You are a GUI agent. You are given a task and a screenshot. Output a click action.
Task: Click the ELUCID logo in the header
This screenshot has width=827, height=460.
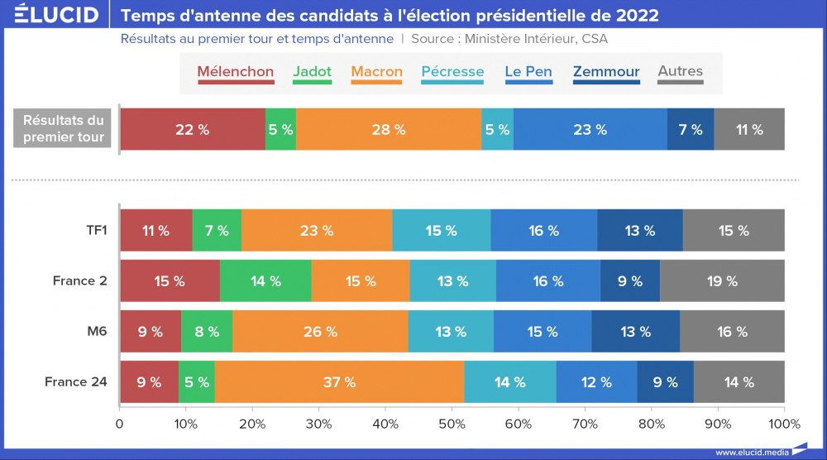coord(56,15)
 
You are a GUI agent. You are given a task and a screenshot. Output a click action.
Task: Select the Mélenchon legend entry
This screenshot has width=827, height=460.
coord(236,72)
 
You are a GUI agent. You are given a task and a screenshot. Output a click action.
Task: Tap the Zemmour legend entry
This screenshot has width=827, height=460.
coord(606,72)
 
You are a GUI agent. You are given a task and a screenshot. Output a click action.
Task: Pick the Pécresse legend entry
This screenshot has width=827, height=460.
coord(452,72)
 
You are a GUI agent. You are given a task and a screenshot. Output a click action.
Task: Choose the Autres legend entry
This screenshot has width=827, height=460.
coord(680,72)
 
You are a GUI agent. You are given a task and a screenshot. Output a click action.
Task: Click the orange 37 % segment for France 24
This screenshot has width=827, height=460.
coord(339,382)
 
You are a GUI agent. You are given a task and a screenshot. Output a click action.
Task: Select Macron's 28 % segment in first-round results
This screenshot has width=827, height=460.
coord(389,130)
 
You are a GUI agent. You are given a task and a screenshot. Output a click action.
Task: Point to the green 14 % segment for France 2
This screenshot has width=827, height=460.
coord(265,281)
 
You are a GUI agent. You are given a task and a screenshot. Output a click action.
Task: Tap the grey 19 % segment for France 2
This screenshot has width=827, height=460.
coord(722,281)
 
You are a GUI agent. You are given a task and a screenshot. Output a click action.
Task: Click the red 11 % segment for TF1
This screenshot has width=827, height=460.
coord(155,231)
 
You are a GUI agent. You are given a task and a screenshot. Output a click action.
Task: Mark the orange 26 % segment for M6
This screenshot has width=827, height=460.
coord(320,332)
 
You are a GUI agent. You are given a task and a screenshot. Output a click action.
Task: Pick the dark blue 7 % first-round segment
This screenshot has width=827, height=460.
coord(691,130)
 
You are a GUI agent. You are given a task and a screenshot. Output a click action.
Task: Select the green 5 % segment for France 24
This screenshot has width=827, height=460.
coord(196,382)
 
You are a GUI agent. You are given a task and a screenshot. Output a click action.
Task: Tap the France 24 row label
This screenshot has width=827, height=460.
coord(76,382)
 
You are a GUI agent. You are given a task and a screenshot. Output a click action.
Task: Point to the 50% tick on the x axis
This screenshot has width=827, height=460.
coord(452,424)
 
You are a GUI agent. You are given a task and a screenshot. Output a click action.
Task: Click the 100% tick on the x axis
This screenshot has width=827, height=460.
coord(784,424)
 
